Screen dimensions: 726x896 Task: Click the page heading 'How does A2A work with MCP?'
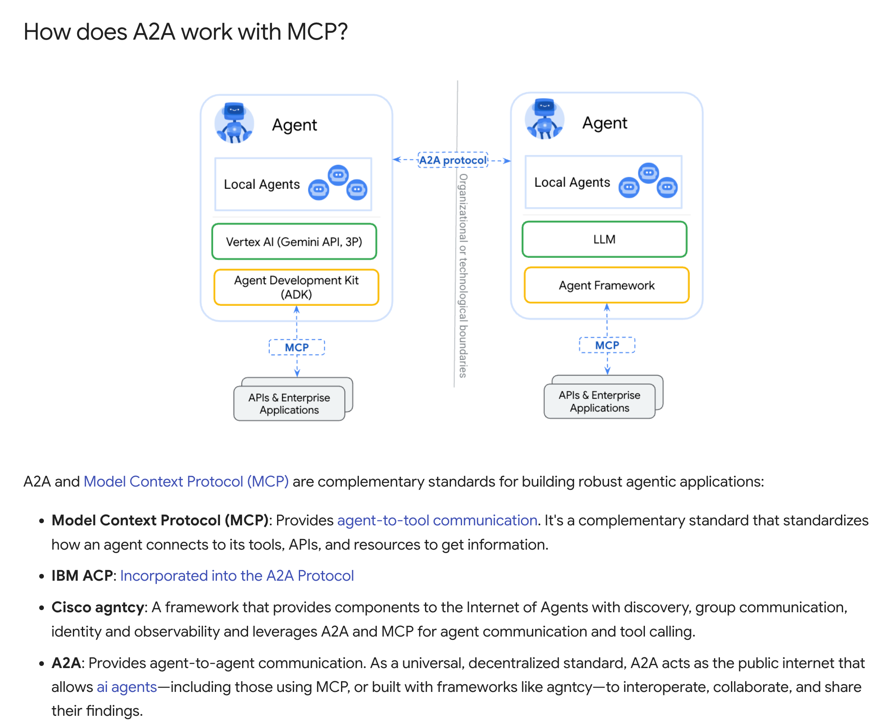click(x=185, y=32)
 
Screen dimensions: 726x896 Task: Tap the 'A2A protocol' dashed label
click(x=453, y=160)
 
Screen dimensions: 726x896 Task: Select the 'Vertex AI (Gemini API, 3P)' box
click(x=294, y=242)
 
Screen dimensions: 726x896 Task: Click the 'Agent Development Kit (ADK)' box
click(x=296, y=287)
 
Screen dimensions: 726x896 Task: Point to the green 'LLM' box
click(x=604, y=239)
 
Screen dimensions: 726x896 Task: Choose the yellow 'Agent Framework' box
click(x=607, y=285)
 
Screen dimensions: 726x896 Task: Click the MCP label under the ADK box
click(x=297, y=347)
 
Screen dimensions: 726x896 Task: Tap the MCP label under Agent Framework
click(x=607, y=345)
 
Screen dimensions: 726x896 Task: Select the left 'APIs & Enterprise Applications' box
click(x=289, y=403)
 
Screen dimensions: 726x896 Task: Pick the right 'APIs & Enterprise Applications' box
click(x=600, y=401)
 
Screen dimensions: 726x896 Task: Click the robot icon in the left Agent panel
click(x=234, y=123)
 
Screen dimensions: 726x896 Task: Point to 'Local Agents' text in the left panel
click(x=262, y=184)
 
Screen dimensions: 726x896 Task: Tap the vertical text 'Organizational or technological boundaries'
click(x=463, y=276)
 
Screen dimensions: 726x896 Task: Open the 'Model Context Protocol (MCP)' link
click(x=186, y=481)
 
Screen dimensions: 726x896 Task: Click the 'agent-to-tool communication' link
click(x=437, y=520)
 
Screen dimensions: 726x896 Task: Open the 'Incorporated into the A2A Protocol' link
click(x=237, y=576)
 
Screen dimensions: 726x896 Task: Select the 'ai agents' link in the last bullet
click(x=127, y=687)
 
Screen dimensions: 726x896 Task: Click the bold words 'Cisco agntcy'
click(x=98, y=607)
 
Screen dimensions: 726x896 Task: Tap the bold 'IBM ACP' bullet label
click(x=82, y=576)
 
